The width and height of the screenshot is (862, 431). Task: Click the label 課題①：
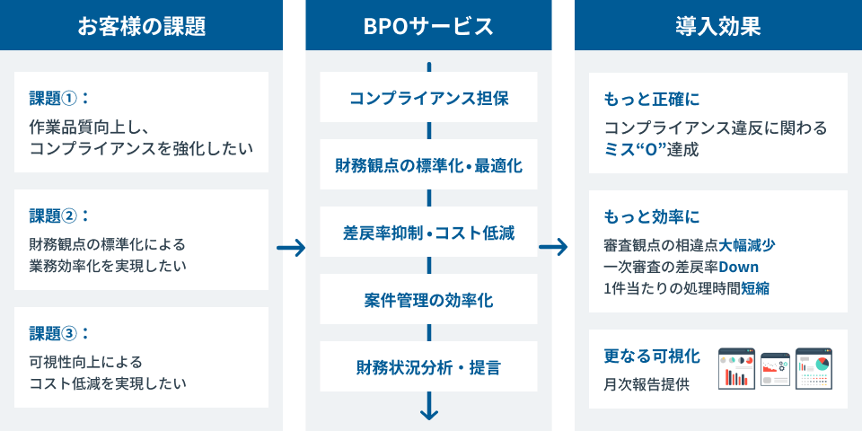coord(59,99)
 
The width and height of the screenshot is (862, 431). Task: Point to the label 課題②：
coord(59,216)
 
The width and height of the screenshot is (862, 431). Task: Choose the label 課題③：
coord(59,334)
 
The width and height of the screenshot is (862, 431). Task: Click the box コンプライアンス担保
coord(428,97)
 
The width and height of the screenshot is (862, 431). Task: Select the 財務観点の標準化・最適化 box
coord(428,164)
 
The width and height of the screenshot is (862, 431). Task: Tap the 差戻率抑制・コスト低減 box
coord(428,232)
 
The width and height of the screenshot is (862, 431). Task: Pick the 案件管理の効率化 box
coord(428,299)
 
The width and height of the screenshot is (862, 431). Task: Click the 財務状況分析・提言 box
coord(428,366)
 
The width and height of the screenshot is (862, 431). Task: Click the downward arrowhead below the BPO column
coord(429,413)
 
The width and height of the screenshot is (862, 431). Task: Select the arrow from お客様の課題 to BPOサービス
coord(291,248)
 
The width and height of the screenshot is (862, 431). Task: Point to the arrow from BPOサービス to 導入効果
coord(553,247)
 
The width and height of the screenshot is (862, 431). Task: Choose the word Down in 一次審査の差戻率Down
coord(739,268)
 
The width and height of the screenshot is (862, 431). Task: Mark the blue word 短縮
coord(755,288)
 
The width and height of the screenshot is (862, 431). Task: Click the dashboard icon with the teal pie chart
coord(814,368)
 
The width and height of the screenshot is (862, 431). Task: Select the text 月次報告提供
coord(646,384)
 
